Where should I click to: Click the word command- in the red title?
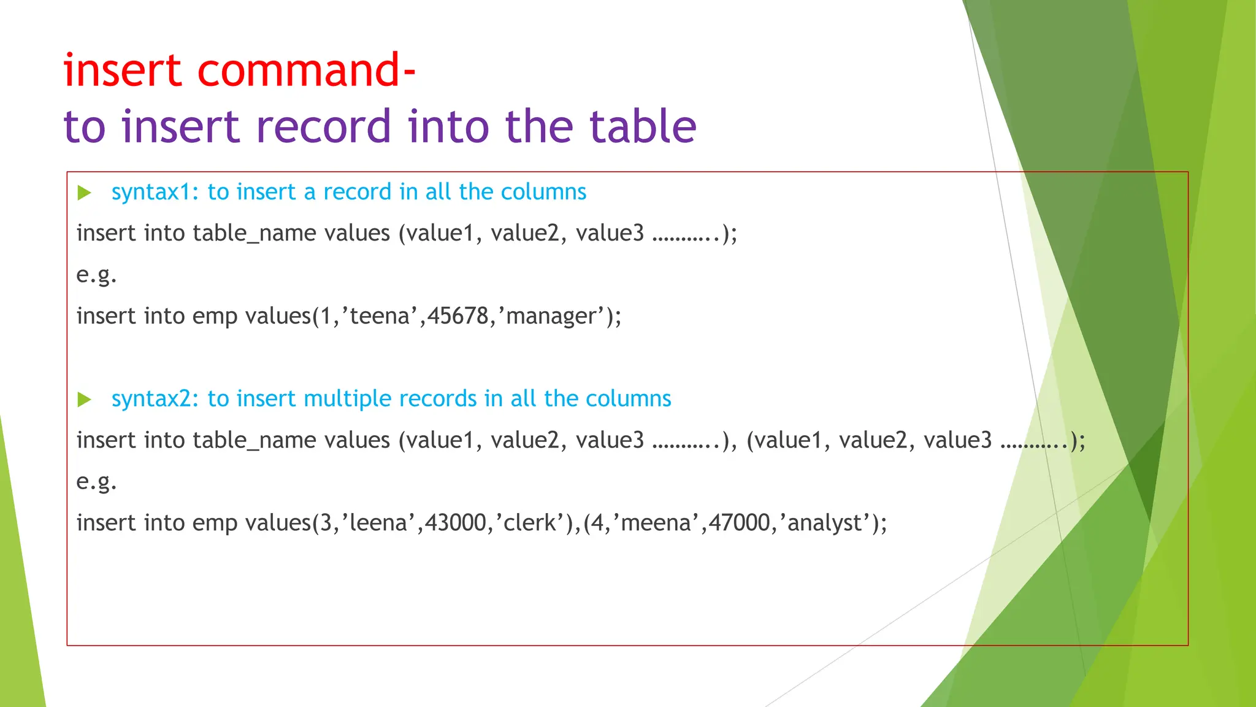click(x=307, y=71)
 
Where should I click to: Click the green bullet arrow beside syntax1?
click(x=85, y=193)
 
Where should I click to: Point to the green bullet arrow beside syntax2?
click(x=85, y=400)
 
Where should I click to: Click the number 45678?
click(x=457, y=317)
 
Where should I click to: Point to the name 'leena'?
click(x=378, y=523)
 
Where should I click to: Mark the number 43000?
click(x=456, y=523)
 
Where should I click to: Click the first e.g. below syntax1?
click(x=96, y=275)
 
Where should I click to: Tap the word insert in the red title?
click(x=123, y=71)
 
